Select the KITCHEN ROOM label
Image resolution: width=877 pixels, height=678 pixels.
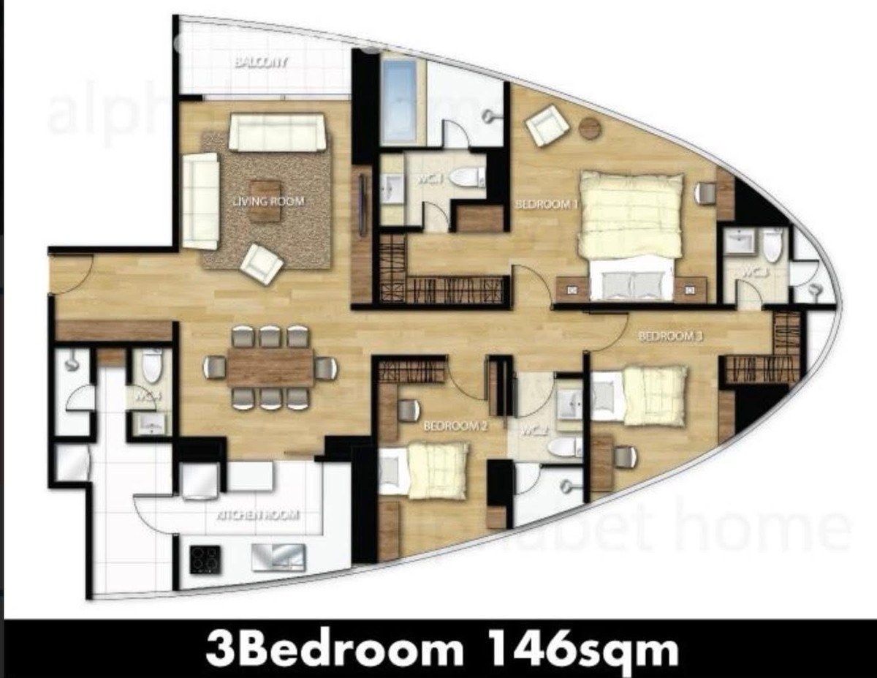pyautogui.click(x=259, y=515)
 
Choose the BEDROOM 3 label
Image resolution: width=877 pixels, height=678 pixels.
pyautogui.click(x=670, y=336)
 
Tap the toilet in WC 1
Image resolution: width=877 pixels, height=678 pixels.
pyautogui.click(x=466, y=177)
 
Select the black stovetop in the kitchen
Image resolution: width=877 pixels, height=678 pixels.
pyautogui.click(x=205, y=560)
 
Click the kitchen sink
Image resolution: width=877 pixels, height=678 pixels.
pyautogui.click(x=278, y=557)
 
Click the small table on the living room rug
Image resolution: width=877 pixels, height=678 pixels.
pyautogui.click(x=265, y=200)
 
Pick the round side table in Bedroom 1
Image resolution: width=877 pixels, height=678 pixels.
pyautogui.click(x=590, y=129)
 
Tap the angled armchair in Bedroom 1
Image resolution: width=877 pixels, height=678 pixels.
pyautogui.click(x=547, y=125)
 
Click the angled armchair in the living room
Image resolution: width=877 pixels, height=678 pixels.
pyautogui.click(x=262, y=263)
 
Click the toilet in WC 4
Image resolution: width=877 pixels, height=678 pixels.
pyautogui.click(x=152, y=365)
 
